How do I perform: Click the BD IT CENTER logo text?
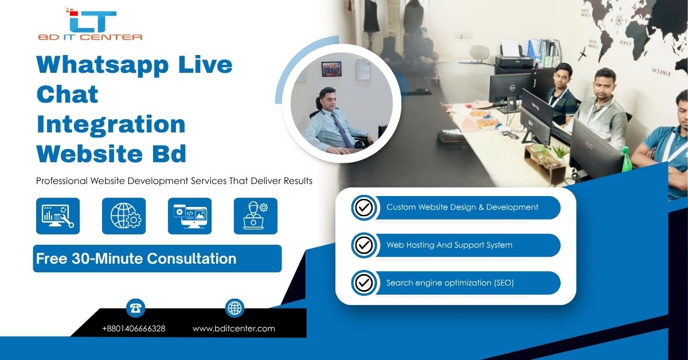coord(90,37)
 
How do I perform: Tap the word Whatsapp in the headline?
coord(103,66)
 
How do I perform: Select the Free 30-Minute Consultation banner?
coord(157,259)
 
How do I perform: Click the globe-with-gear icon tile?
coord(124,216)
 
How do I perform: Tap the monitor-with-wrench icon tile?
coord(58,216)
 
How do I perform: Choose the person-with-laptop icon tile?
coord(256,216)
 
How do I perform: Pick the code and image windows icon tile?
coord(190,216)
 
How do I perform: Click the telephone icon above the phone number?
coord(135,308)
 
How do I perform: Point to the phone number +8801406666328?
coord(134,328)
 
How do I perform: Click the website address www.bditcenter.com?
coord(234,328)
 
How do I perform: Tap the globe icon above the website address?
coord(234,308)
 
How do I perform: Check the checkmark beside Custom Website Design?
coord(364,208)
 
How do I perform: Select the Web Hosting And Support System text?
coord(449,245)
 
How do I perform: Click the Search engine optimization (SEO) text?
coord(450,283)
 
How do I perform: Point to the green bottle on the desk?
coord(626,159)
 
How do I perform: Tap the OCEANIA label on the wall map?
coord(661,72)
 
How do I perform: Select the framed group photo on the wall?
coord(331,69)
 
